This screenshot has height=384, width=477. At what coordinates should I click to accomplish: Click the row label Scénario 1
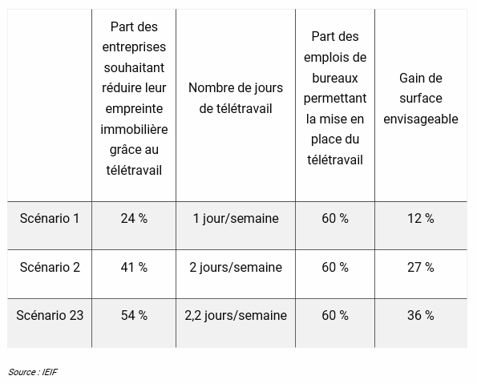click(x=50, y=219)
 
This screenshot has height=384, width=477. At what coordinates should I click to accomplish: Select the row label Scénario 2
click(x=50, y=267)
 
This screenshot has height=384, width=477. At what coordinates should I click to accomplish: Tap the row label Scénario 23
click(x=50, y=315)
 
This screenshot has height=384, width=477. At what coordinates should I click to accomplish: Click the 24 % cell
click(x=134, y=219)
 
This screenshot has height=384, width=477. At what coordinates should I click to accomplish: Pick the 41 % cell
click(x=134, y=267)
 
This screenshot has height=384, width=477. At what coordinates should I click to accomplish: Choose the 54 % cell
click(x=134, y=315)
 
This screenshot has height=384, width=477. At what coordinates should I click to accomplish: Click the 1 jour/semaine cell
click(x=236, y=219)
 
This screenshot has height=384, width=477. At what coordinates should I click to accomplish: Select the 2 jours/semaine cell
click(x=236, y=267)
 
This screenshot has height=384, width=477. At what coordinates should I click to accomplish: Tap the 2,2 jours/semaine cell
click(x=236, y=315)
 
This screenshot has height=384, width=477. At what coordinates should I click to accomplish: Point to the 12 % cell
click(x=421, y=219)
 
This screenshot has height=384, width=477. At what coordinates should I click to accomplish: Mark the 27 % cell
click(x=421, y=267)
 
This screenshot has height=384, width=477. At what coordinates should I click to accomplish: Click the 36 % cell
click(x=421, y=315)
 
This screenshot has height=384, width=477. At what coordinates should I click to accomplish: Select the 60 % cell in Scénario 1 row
click(x=335, y=219)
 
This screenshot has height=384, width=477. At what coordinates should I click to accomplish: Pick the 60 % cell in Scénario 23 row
click(x=335, y=315)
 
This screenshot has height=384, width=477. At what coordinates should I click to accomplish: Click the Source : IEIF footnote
click(x=33, y=372)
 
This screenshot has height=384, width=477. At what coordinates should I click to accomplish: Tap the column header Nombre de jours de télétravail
click(x=236, y=98)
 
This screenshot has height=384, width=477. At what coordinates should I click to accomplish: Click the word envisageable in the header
click(x=421, y=119)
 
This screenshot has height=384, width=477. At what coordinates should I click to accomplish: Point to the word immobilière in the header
click(x=134, y=129)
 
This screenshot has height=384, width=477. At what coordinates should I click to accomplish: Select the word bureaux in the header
click(x=335, y=79)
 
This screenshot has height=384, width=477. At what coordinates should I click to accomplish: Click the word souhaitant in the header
click(x=134, y=67)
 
